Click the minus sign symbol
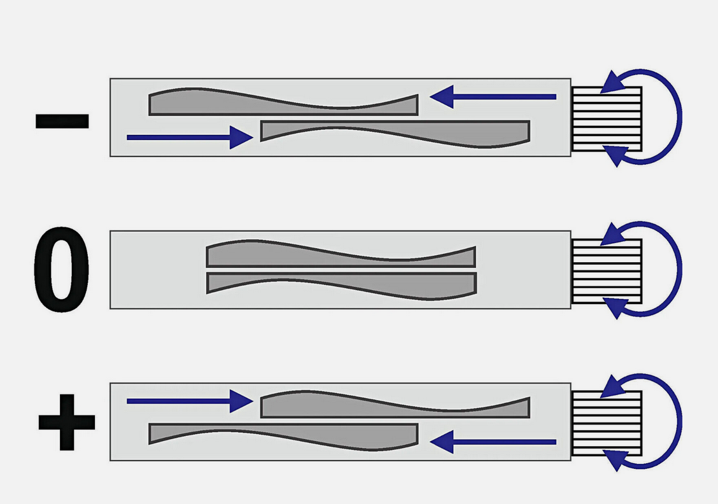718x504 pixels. point(62,121)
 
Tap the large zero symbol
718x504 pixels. point(61,271)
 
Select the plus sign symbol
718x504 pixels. point(66,422)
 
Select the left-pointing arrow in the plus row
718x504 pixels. point(493,441)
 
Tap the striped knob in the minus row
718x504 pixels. point(606,119)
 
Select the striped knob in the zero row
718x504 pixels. point(606,271)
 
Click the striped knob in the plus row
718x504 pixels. point(606,423)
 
